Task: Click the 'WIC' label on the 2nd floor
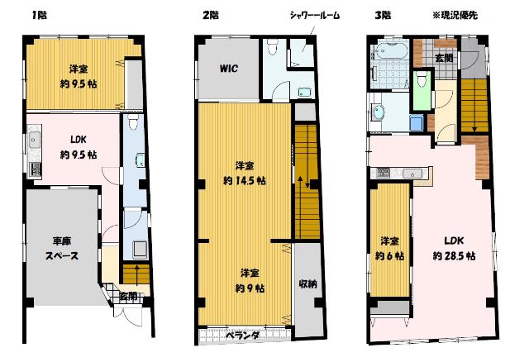229,69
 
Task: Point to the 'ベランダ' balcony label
244,335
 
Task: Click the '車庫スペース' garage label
62,248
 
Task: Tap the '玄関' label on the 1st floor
127,295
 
